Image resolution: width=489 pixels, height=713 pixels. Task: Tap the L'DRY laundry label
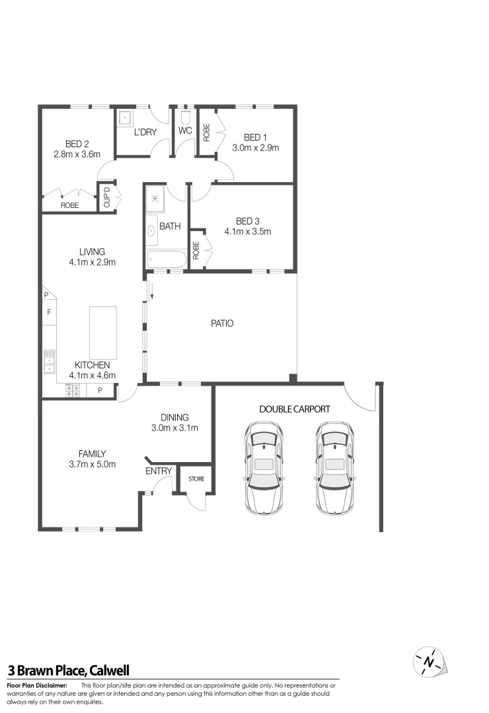pos(145,132)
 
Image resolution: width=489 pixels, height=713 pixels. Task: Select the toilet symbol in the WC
pos(185,117)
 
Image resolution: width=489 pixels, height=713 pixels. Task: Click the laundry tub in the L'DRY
pos(125,119)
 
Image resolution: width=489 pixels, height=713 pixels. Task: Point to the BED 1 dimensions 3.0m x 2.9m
pos(255,148)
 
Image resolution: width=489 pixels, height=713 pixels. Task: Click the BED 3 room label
pos(248,221)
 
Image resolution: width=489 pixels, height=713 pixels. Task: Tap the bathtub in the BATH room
pos(167,259)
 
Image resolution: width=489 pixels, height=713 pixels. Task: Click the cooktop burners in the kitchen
pos(73,390)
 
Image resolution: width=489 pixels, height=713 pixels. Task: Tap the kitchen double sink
pos(50,361)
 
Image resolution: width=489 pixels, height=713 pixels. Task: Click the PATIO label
pos(222,323)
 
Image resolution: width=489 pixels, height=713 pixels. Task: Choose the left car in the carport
pos(264,467)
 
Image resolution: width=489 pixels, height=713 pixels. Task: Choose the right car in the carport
pos(334,467)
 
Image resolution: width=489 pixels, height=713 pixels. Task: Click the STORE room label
pos(196,479)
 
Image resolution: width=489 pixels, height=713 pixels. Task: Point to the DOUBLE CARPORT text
pos(294,409)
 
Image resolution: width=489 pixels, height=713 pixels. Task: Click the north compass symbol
pos(430,661)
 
